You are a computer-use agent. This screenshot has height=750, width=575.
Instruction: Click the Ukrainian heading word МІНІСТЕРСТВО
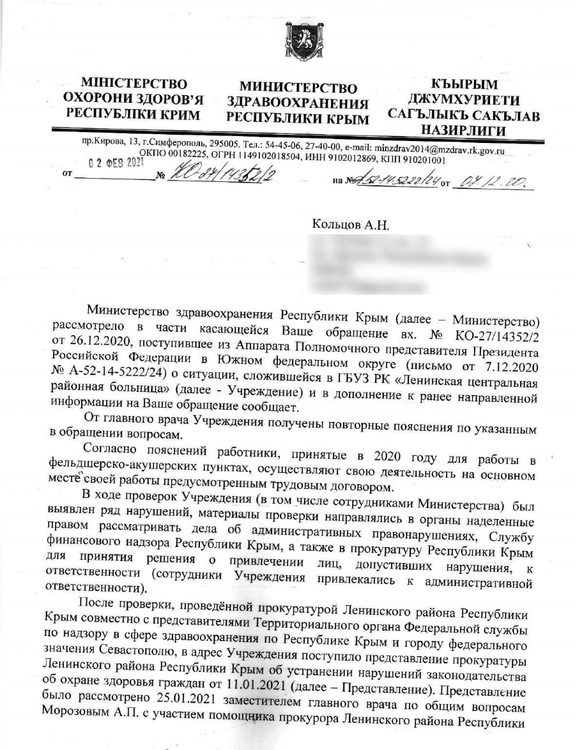coord(134,84)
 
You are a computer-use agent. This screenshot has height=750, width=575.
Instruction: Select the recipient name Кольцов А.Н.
coord(351,225)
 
